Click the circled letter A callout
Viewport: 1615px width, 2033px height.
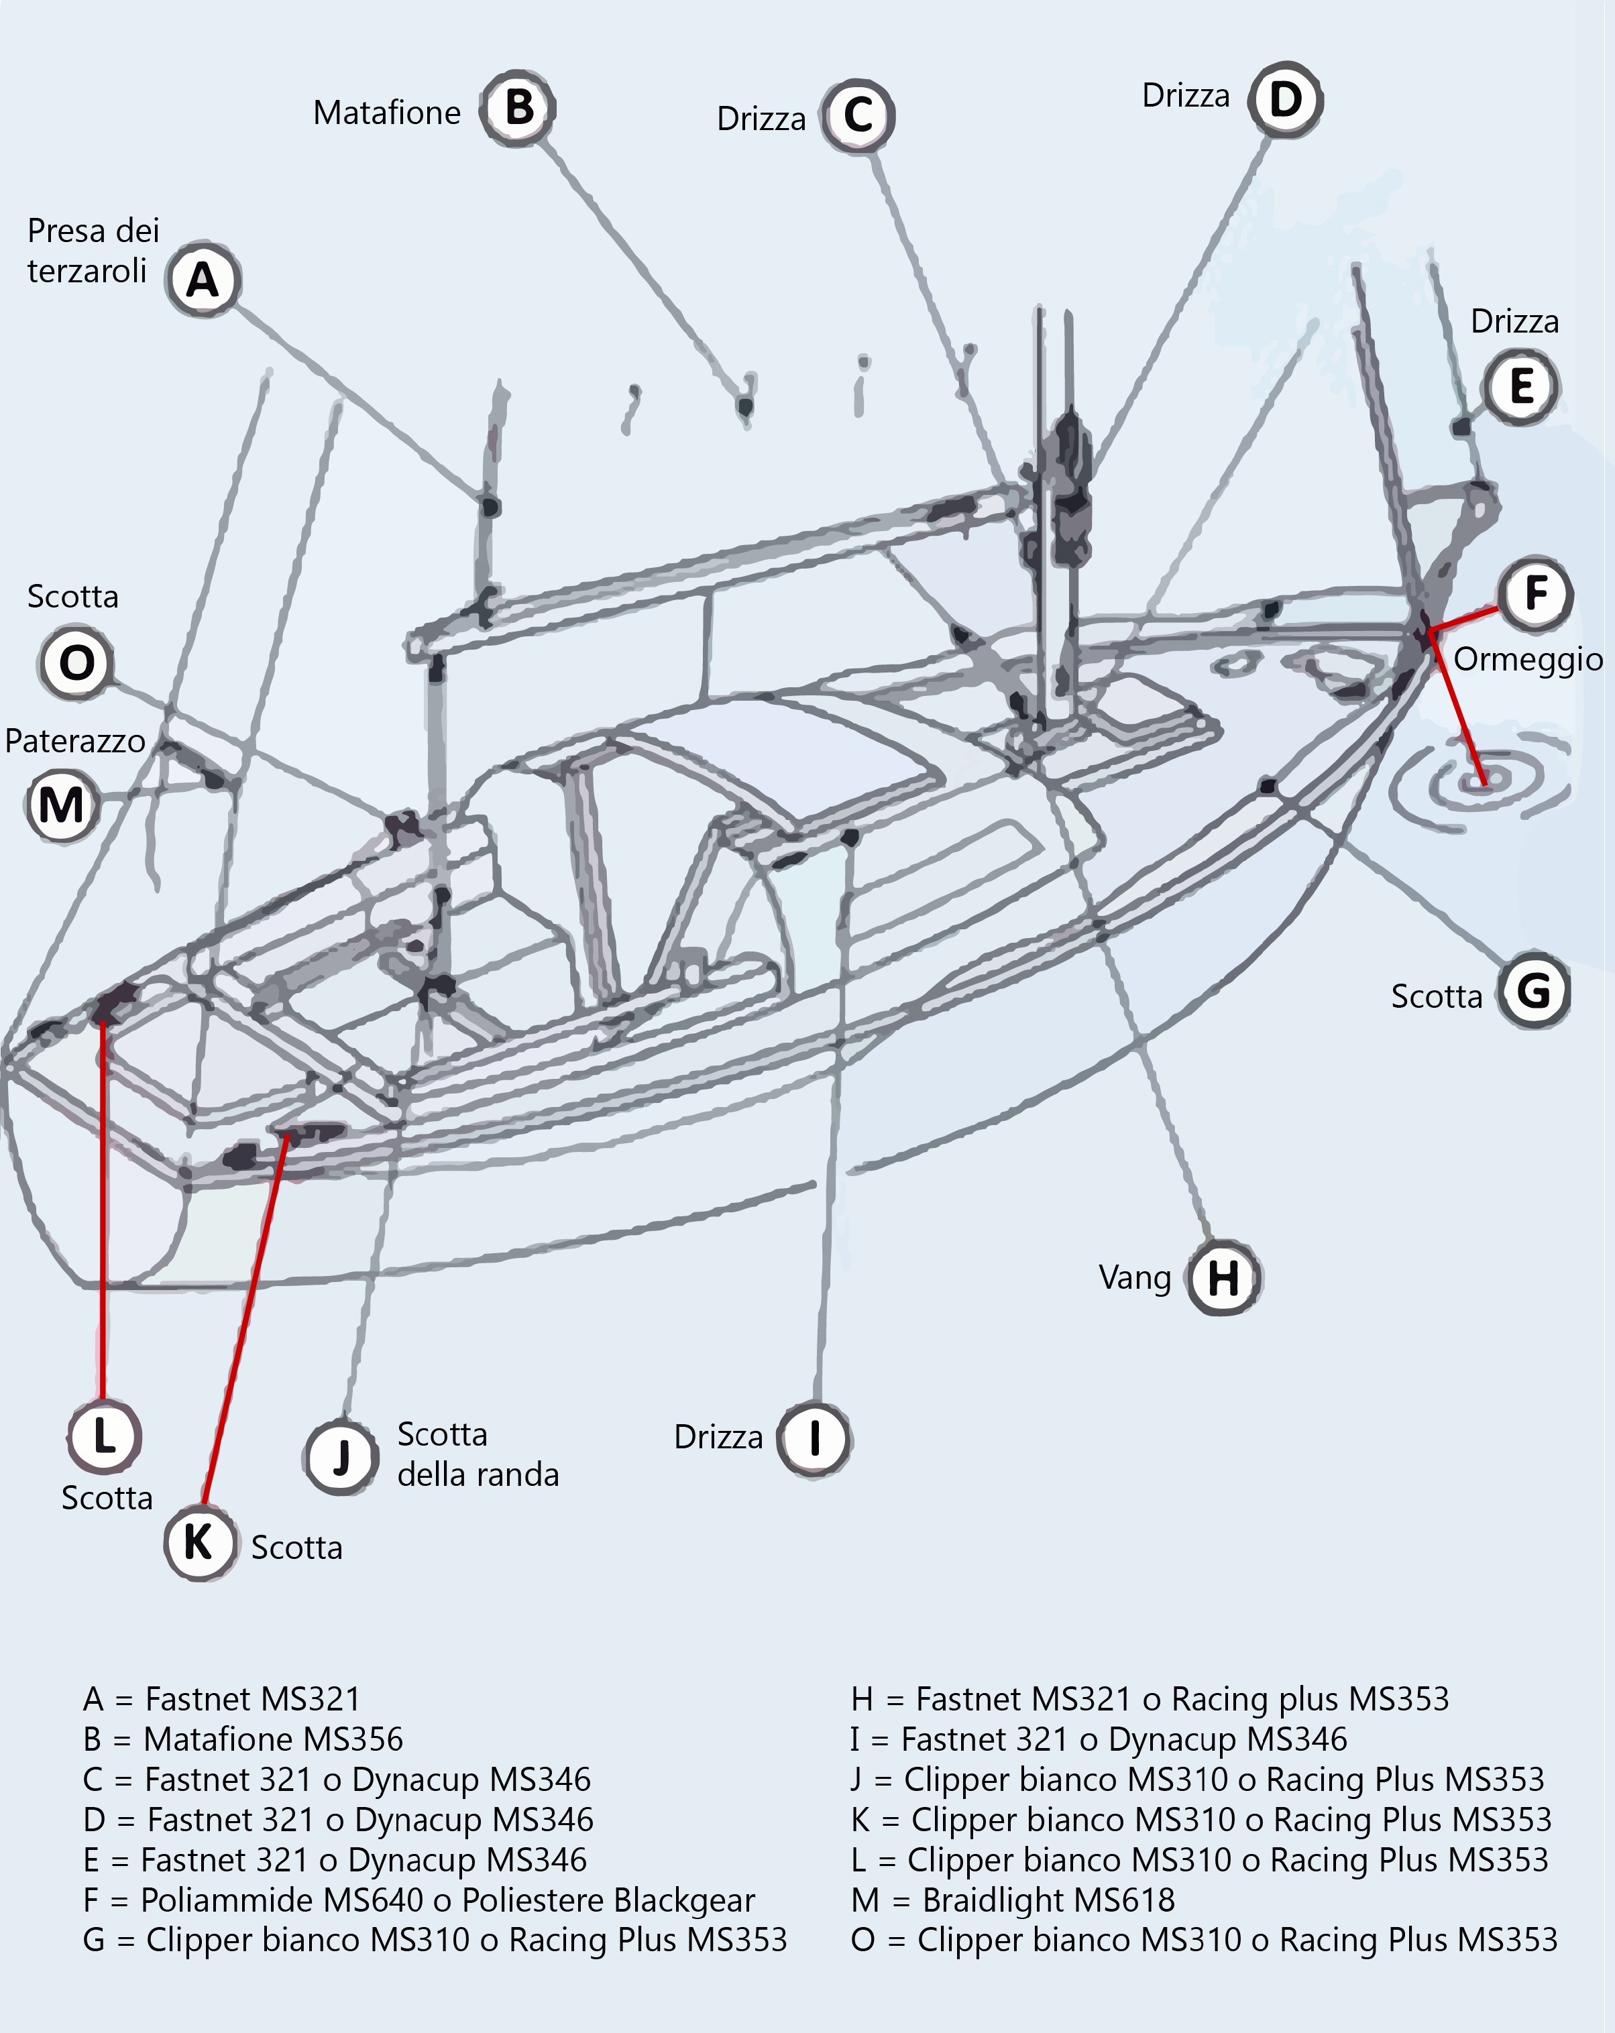pos(203,280)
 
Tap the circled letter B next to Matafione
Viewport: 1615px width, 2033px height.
pos(518,109)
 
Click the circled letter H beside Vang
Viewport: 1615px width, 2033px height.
pos(1223,1279)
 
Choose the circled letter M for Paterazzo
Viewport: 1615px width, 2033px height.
pos(61,805)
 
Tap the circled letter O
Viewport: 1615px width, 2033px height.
pos(76,663)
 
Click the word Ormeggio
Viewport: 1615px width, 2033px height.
pos(1527,659)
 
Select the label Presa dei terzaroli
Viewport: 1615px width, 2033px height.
pos(93,251)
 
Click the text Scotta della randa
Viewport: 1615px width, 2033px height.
pos(478,1454)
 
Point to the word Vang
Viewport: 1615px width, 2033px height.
pos(1135,1279)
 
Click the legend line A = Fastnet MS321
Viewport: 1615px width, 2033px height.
pos(223,1699)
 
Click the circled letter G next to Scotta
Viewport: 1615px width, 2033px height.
pos(1534,991)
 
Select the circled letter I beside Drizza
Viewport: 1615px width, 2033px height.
pos(813,1438)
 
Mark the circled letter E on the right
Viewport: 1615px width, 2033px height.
pos(1520,387)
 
